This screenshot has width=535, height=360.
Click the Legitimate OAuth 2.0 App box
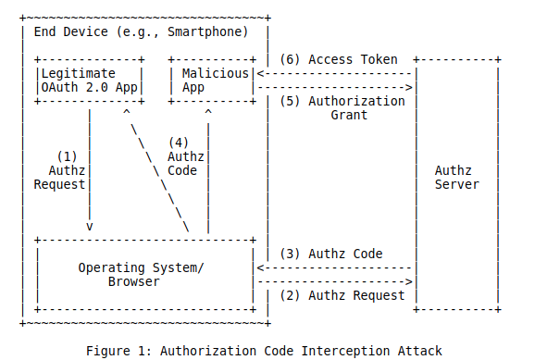click(x=89, y=80)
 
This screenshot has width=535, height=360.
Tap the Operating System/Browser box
click(x=144, y=275)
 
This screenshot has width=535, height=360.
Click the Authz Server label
click(x=456, y=177)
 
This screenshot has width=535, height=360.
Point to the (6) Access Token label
click(x=340, y=59)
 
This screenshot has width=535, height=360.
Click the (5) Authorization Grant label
click(x=342, y=108)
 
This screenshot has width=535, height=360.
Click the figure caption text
click(x=264, y=351)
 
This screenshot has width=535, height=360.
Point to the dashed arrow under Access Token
click(x=335, y=73)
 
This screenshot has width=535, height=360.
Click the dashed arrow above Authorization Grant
click(x=335, y=87)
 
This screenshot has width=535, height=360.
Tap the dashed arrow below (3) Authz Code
click(x=333, y=267)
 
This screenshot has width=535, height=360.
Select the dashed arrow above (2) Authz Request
click(x=333, y=281)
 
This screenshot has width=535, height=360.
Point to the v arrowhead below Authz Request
click(x=90, y=226)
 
